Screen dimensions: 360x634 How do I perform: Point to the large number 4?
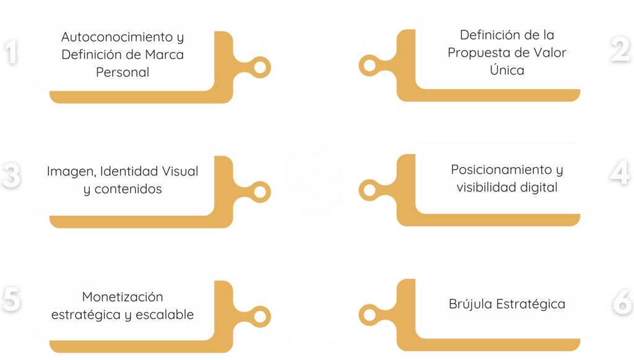click(x=620, y=175)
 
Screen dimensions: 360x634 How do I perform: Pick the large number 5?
click(x=11, y=301)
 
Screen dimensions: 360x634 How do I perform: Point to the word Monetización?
click(x=123, y=297)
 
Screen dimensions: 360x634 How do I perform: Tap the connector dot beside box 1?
click(x=261, y=66)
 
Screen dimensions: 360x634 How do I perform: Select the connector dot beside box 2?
click(x=370, y=65)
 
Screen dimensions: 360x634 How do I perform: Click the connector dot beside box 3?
click(x=261, y=191)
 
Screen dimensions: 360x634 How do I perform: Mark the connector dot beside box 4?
click(x=370, y=190)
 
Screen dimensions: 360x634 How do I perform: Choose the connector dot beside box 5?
click(x=261, y=316)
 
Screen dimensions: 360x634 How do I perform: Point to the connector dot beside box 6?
click(x=370, y=315)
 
